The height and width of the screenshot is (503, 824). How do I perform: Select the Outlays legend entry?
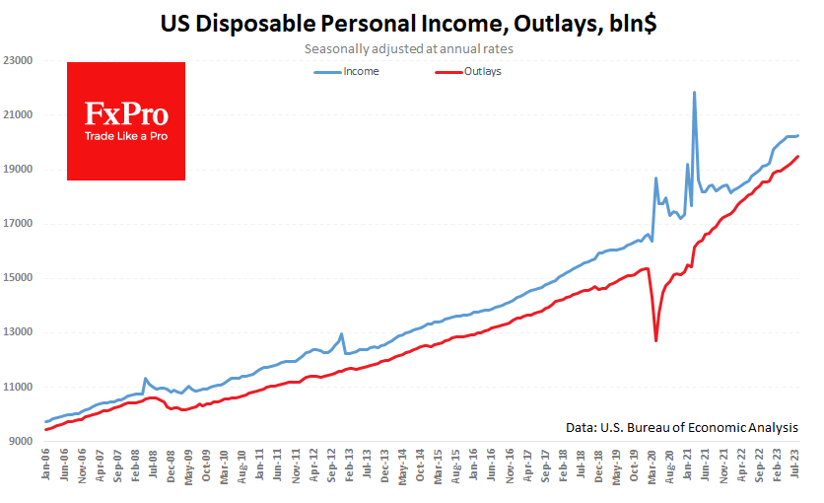coord(482,71)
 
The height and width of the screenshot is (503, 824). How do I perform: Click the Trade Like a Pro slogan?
coord(126,135)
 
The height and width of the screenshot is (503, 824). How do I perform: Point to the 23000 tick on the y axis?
coord(21,61)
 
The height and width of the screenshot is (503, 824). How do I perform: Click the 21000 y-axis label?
coord(21,115)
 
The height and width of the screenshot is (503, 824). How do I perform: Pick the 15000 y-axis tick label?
coord(21,278)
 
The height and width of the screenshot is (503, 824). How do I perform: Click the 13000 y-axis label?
coord(21,332)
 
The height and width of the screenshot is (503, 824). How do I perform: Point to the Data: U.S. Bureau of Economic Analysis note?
coord(682,427)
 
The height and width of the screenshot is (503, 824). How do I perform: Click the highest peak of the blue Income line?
coord(695,93)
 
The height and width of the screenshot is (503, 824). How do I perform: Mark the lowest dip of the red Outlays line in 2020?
coord(655,340)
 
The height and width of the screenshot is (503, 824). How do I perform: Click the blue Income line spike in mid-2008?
coord(146,378)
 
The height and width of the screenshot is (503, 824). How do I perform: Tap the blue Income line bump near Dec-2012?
coord(341,334)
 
